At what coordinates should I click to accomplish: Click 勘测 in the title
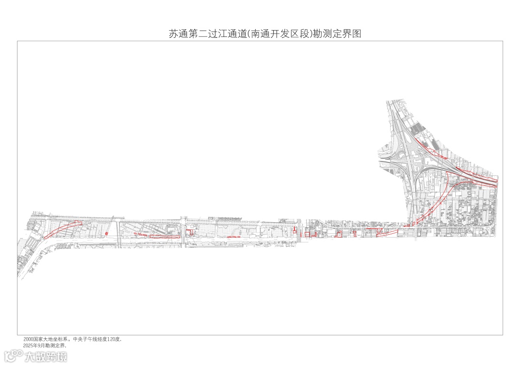pyautogui.click(x=322, y=34)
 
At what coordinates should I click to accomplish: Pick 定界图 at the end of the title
pyautogui.click(x=347, y=34)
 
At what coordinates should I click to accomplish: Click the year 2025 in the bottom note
pyautogui.click(x=28, y=345)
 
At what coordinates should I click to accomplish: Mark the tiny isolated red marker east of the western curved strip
pyautogui.click(x=106, y=233)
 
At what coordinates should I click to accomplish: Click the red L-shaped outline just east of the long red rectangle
pyautogui.click(x=190, y=233)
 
